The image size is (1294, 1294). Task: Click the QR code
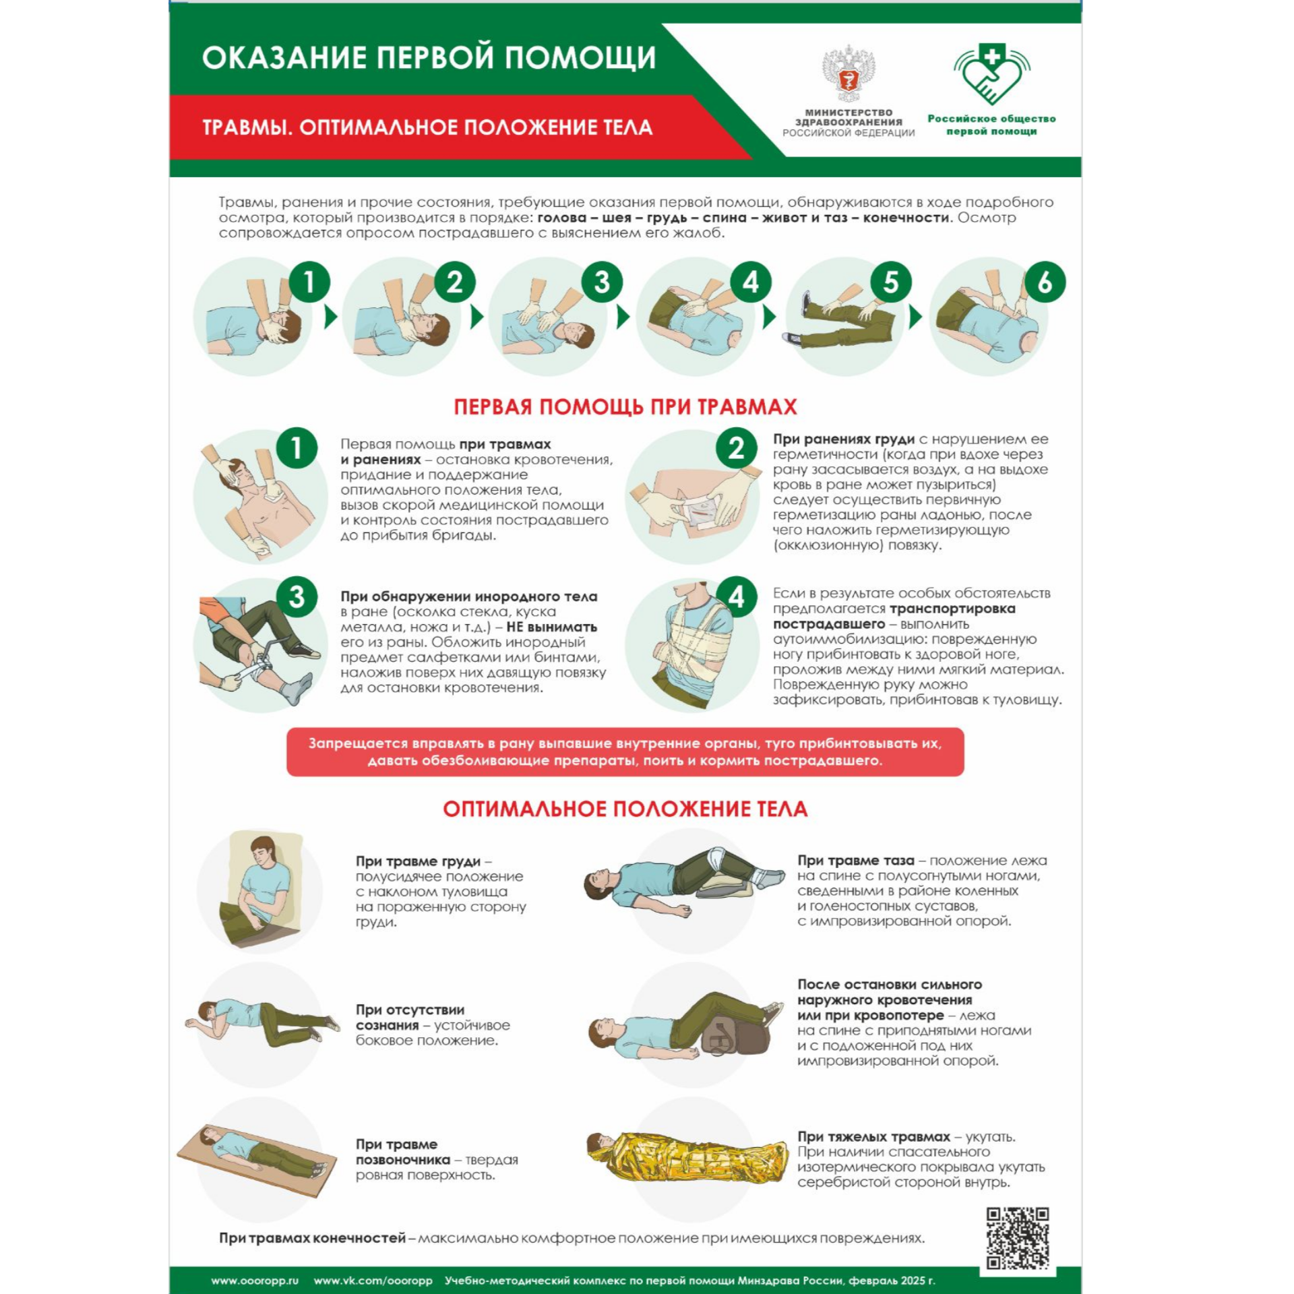click(1018, 1238)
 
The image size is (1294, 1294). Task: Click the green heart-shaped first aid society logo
click(991, 73)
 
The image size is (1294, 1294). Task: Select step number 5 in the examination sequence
click(890, 282)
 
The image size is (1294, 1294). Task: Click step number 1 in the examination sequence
click(309, 282)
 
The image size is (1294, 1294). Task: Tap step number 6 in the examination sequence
click(1045, 282)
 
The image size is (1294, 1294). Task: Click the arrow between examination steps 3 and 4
click(623, 317)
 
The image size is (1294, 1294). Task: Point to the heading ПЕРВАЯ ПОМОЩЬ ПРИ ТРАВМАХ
click(625, 406)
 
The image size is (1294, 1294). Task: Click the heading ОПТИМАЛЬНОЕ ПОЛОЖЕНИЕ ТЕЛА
click(625, 809)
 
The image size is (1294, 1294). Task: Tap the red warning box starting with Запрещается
click(625, 751)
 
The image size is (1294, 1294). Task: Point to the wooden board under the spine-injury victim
click(257, 1161)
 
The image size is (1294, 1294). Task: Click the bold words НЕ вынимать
click(551, 627)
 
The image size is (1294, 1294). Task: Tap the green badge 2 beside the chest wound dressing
click(736, 448)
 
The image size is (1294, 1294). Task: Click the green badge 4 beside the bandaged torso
click(736, 596)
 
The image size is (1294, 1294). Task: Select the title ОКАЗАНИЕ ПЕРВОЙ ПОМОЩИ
click(429, 57)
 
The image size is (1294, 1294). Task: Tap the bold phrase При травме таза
click(856, 861)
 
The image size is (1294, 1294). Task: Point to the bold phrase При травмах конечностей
click(312, 1238)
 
